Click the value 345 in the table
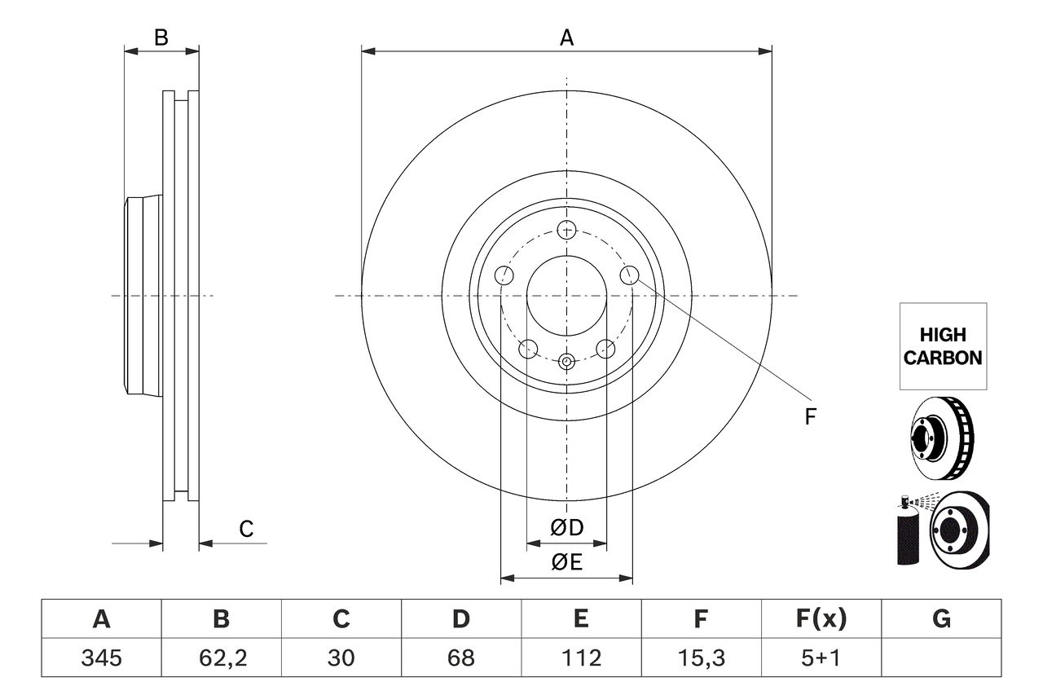click(x=101, y=658)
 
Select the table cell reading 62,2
click(x=221, y=658)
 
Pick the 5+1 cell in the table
click(x=821, y=658)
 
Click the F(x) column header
click(x=821, y=620)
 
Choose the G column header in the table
click(x=941, y=620)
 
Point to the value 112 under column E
click(x=580, y=658)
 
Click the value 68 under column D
click(x=460, y=658)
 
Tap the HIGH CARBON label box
click(x=943, y=346)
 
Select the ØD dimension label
click(x=567, y=528)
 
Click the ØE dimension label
click(x=567, y=562)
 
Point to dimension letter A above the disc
click(x=566, y=37)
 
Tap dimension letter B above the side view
click(x=161, y=37)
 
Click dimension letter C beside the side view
click(x=246, y=529)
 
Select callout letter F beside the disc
click(x=810, y=417)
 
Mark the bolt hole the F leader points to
click(x=629, y=275)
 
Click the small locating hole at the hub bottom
click(x=567, y=360)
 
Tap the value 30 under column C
click(x=341, y=658)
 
